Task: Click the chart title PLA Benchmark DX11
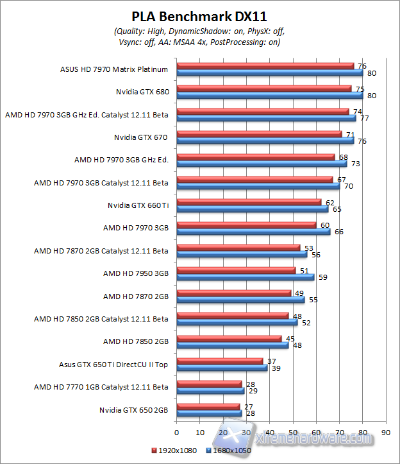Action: tap(199, 16)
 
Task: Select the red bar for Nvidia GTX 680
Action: tap(264, 89)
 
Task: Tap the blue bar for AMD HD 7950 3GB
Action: tap(245, 277)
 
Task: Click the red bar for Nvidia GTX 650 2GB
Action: tap(208, 406)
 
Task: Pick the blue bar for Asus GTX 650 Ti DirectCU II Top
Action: tap(221, 368)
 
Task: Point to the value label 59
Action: tap(323, 277)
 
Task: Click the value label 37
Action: tap(271, 361)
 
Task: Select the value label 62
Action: tap(329, 202)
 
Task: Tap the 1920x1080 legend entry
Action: tap(173, 451)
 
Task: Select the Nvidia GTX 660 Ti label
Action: tap(138, 205)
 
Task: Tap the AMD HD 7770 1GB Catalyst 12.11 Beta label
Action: tap(101, 386)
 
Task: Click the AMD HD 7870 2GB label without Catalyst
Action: tap(136, 296)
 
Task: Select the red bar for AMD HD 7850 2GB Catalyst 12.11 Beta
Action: tap(232, 315)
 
